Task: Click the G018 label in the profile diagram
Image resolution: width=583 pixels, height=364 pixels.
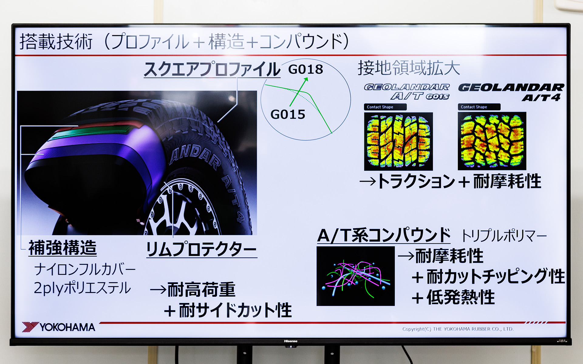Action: pyautogui.click(x=305, y=69)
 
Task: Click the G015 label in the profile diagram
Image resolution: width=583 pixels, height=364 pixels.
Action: pyautogui.click(x=288, y=115)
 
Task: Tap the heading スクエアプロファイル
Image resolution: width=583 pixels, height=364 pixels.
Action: pyautogui.click(x=212, y=69)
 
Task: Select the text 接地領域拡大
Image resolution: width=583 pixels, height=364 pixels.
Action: pyautogui.click(x=409, y=68)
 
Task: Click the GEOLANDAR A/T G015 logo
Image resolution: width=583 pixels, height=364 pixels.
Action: pyautogui.click(x=407, y=92)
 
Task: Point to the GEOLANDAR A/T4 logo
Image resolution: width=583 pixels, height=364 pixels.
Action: pyautogui.click(x=511, y=92)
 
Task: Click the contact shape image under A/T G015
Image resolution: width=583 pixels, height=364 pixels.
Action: pyautogui.click(x=398, y=141)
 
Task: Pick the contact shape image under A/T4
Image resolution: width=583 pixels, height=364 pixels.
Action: pyautogui.click(x=492, y=141)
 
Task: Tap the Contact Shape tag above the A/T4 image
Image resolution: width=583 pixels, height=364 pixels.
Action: pyautogui.click(x=479, y=107)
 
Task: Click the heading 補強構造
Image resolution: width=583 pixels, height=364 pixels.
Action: pyautogui.click(x=63, y=248)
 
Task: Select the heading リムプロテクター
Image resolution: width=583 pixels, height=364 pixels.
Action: pyautogui.click(x=201, y=250)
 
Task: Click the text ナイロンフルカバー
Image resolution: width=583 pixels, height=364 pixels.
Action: pyautogui.click(x=85, y=269)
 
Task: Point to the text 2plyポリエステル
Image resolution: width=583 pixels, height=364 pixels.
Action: pyautogui.click(x=82, y=288)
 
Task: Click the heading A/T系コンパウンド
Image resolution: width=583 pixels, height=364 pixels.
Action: pyautogui.click(x=384, y=236)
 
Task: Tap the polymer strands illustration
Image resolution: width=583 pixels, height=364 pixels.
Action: pyautogui.click(x=356, y=276)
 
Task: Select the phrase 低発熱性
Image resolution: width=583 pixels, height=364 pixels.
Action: pyautogui.click(x=461, y=297)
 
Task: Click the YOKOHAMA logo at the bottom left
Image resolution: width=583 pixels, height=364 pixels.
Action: pyautogui.click(x=59, y=327)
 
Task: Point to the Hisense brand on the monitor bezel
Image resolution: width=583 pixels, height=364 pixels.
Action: pyautogui.click(x=291, y=341)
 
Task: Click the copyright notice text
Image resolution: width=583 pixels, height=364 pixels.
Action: pyautogui.click(x=458, y=329)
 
